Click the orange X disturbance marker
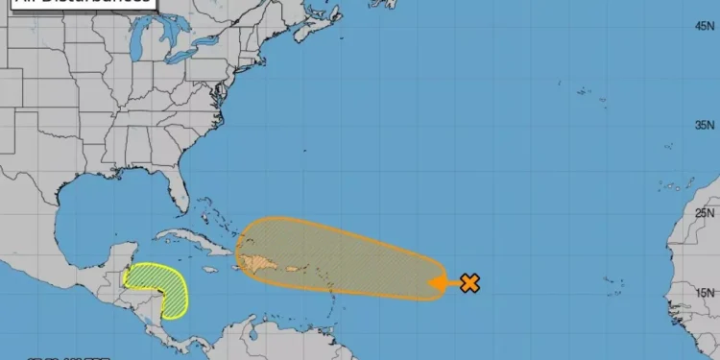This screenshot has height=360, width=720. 469,283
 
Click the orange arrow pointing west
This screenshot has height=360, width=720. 443,283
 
